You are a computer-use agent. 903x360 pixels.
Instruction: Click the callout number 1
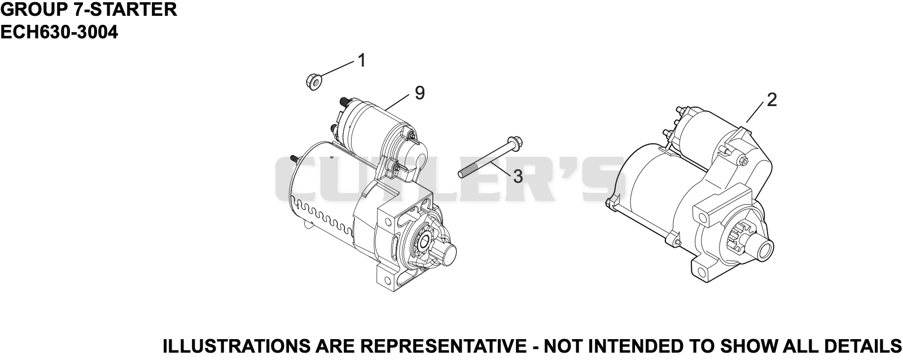point(362,60)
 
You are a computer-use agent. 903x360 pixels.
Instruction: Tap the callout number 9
point(420,93)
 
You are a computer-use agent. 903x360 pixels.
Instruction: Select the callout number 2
point(772,100)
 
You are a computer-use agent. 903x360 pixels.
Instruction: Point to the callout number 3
point(518,176)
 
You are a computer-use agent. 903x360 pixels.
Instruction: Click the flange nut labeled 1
point(313,81)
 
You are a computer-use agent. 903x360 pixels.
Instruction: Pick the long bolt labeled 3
point(490,157)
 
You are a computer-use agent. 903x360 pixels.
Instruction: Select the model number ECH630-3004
point(59,32)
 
